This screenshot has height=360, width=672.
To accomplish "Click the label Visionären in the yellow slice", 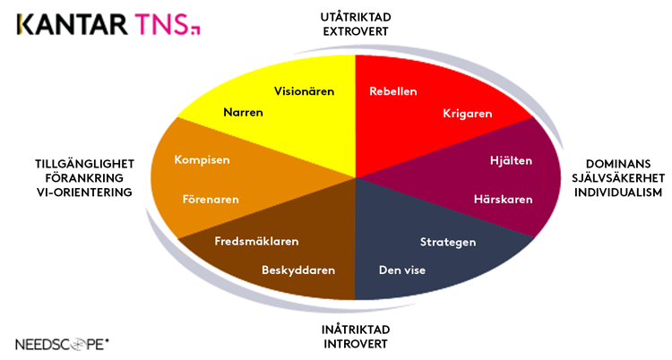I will (x=304, y=91).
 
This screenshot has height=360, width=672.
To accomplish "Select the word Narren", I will (x=243, y=114).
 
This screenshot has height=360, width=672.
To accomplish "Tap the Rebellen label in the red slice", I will (x=393, y=91).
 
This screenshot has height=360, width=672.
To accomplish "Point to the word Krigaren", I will (x=468, y=114).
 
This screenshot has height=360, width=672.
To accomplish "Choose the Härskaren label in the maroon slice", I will (x=504, y=199).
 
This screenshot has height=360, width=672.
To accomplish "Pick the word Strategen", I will (x=448, y=242).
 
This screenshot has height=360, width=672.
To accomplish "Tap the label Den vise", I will (x=401, y=270).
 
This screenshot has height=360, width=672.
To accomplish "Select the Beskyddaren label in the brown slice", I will (x=298, y=270).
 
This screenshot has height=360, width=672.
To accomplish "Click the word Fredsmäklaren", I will (x=256, y=242).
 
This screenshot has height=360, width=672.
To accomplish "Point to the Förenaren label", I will (x=211, y=199).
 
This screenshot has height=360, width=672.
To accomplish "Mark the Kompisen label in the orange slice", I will (x=202, y=160).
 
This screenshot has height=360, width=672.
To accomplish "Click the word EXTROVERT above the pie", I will (x=356, y=31).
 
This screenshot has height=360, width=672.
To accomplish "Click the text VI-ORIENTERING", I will (x=84, y=193).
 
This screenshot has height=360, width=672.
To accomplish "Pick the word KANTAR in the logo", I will (x=67, y=24).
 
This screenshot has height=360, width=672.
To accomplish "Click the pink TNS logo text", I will (x=162, y=24).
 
